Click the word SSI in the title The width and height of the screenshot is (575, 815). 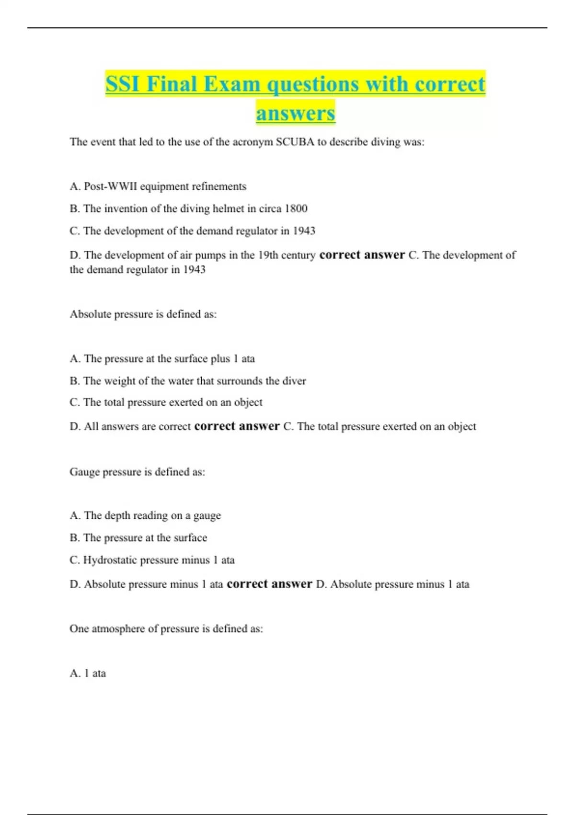(x=123, y=84)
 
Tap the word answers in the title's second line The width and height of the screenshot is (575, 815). (x=295, y=113)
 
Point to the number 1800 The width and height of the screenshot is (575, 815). (x=296, y=209)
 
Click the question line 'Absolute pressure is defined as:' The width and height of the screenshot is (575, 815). (x=143, y=314)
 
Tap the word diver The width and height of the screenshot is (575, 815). (x=294, y=381)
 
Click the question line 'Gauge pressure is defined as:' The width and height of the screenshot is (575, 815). (x=137, y=472)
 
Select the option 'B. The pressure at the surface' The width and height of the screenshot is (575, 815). (x=138, y=538)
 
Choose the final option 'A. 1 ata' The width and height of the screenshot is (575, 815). (x=88, y=673)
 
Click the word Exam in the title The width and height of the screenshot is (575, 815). (x=231, y=84)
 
